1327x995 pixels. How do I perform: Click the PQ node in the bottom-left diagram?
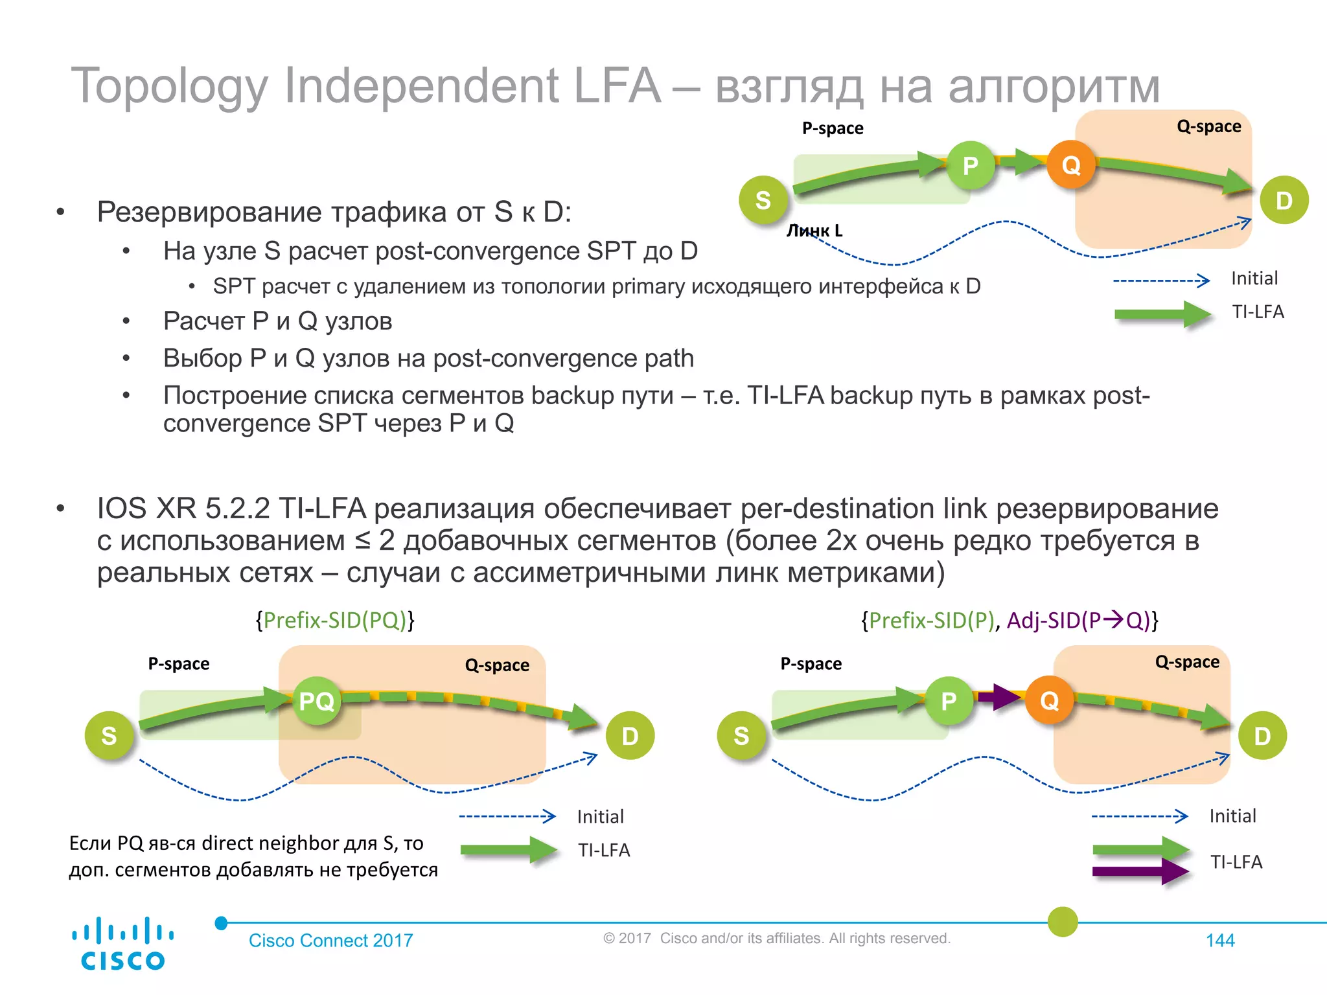tap(316, 701)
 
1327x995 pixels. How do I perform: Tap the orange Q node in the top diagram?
tap(1071, 165)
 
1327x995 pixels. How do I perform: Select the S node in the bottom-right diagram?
tap(741, 735)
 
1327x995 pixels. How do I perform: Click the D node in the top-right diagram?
tap(1284, 200)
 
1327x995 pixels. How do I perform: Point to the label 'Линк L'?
tap(814, 231)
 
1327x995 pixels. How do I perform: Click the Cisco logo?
tap(122, 944)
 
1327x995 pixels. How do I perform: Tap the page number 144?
tap(1220, 941)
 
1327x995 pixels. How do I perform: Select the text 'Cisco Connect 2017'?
tap(330, 941)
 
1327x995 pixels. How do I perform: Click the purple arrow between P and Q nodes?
tap(999, 697)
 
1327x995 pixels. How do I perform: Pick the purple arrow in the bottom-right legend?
tap(1140, 872)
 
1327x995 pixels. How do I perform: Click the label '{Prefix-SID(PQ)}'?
tap(335, 621)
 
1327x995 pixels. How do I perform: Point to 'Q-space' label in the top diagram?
tap(1208, 126)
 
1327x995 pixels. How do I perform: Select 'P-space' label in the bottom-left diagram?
tap(179, 664)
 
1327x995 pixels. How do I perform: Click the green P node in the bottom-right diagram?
tap(949, 701)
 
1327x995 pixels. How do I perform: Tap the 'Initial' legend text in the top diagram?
tap(1254, 279)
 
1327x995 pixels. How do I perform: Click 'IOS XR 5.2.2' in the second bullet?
tap(183, 509)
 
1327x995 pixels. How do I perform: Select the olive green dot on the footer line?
tap(1063, 922)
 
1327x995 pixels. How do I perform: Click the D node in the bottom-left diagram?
tap(630, 736)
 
